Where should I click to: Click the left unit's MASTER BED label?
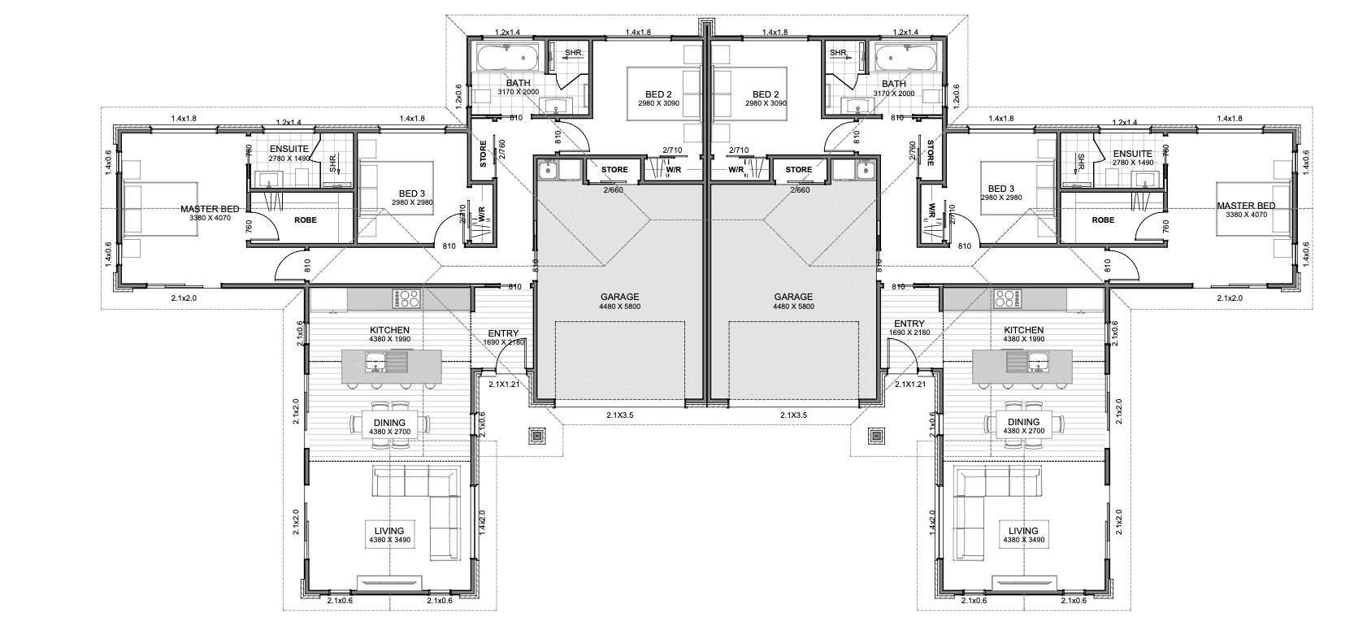(210, 209)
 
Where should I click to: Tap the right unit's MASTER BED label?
(1246, 206)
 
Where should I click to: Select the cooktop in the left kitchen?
(408, 298)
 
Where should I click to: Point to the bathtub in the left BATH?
(508, 59)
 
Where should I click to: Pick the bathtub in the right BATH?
(906, 59)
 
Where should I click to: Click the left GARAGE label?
(619, 298)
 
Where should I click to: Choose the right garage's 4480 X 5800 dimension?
(793, 306)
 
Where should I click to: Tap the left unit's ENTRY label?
(503, 333)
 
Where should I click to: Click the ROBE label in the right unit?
(1104, 220)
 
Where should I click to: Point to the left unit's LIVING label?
(389, 531)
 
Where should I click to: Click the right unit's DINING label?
(1023, 422)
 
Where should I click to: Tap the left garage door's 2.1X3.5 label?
(620, 415)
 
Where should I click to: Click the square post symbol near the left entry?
(536, 436)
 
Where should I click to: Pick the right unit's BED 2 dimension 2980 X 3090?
(766, 103)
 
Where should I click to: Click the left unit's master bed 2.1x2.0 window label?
(184, 298)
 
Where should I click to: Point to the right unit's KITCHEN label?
(1024, 330)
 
